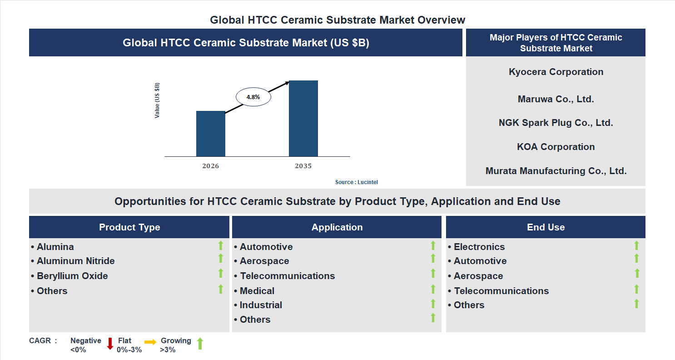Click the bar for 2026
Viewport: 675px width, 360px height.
[210, 134]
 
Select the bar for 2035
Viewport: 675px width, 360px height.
[303, 119]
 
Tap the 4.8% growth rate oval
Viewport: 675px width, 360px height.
[253, 97]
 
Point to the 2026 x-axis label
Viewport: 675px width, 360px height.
[210, 166]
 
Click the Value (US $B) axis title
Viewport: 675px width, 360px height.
[157, 100]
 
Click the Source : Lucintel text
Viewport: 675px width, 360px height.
[357, 182]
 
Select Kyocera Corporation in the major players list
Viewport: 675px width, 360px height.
[556, 72]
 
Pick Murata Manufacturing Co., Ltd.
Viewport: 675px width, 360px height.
[556, 171]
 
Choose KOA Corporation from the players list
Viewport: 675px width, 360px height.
[556, 147]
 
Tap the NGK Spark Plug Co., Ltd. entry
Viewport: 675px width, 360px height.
[556, 123]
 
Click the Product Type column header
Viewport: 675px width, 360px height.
[129, 227]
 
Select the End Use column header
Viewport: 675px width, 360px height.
[546, 227]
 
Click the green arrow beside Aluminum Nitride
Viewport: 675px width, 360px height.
[221, 259]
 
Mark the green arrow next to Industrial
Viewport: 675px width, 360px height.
[433, 303]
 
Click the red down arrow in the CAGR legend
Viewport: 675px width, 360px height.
[110, 344]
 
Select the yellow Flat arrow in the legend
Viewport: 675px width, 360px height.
[150, 342]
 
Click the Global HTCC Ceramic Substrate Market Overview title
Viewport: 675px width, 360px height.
[337, 20]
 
